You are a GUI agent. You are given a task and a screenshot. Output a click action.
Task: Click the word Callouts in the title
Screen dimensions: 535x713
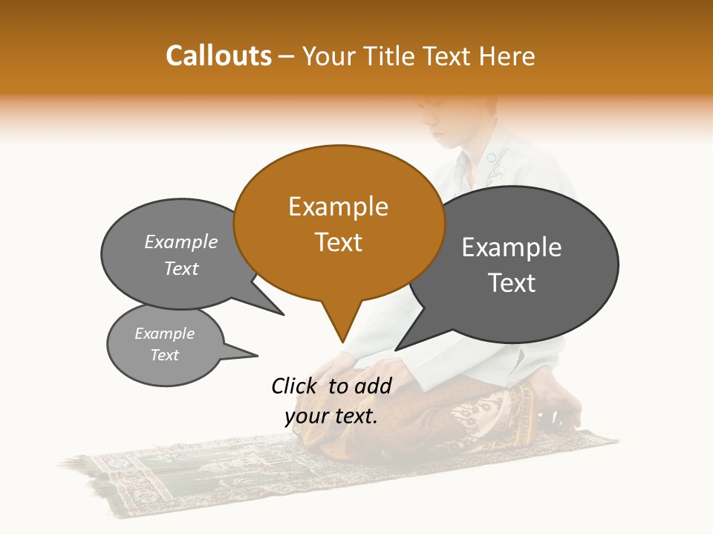(218, 56)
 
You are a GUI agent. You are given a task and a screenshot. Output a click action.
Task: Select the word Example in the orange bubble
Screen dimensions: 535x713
(338, 207)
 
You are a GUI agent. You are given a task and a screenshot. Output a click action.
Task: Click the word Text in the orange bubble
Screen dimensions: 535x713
(338, 242)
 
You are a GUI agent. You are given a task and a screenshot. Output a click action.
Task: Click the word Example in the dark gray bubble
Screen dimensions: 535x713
(512, 247)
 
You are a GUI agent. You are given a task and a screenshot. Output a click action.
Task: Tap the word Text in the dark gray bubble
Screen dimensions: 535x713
(512, 283)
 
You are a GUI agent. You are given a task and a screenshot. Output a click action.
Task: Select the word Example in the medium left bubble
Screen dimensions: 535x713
(181, 241)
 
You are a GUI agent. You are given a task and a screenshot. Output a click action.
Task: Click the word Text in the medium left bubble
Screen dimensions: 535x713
(181, 268)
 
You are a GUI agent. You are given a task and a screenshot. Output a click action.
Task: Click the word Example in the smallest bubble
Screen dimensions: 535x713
(164, 334)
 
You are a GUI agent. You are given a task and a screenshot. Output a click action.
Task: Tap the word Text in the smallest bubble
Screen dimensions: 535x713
(164, 355)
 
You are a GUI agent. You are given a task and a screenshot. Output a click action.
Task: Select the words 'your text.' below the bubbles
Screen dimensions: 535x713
(331, 416)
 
